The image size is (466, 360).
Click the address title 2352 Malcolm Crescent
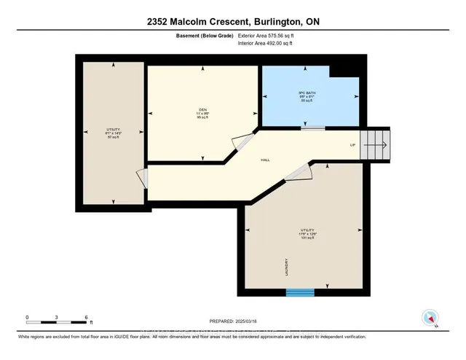click(232, 22)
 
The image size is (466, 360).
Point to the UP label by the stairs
click(352, 145)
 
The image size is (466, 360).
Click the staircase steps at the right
click(377, 144)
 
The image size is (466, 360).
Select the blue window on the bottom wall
click(299, 292)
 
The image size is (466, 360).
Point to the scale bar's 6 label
click(87, 318)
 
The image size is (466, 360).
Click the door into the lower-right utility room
click(298, 171)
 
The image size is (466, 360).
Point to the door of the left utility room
click(142, 179)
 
